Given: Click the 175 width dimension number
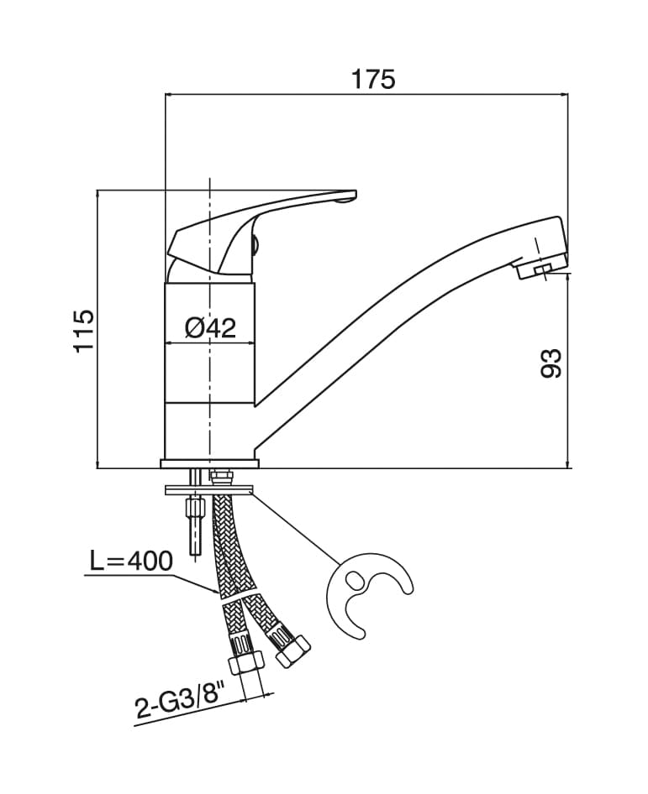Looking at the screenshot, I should [372, 79].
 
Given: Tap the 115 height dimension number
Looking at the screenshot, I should [84, 330].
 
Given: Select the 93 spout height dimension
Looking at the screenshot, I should [551, 363].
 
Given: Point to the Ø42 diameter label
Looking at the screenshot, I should [209, 327].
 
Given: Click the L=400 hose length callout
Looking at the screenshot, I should [130, 561].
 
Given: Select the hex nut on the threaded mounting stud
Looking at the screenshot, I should [195, 509].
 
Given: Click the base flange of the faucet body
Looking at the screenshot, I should [209, 462].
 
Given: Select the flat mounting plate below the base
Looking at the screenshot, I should [210, 488].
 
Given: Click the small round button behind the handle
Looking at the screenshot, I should [256, 245].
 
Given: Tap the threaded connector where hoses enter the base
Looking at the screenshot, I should [222, 476].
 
